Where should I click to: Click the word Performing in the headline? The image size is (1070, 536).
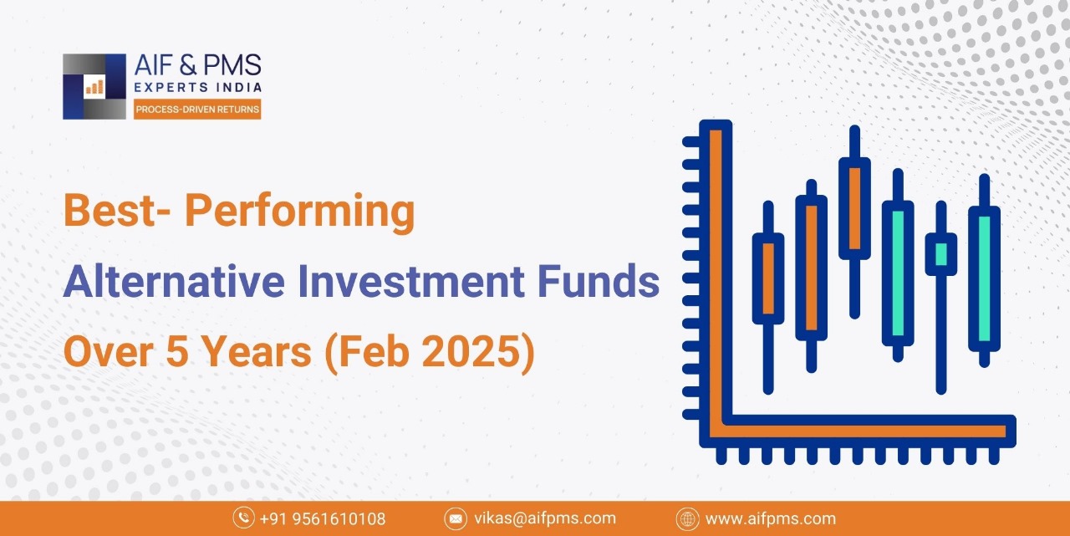(x=299, y=212)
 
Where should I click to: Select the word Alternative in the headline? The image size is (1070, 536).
(x=174, y=281)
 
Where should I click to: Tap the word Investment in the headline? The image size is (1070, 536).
(x=411, y=281)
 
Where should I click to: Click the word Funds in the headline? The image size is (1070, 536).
(x=599, y=281)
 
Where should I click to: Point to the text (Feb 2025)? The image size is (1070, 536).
(x=430, y=351)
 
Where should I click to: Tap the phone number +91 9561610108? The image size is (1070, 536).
(x=323, y=518)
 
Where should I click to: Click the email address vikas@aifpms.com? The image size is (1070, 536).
(x=545, y=518)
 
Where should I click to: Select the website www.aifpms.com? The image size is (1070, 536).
(x=771, y=518)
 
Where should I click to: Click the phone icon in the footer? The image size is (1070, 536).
(x=243, y=518)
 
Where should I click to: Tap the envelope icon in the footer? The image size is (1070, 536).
(x=456, y=518)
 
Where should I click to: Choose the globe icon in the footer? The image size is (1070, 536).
(x=688, y=518)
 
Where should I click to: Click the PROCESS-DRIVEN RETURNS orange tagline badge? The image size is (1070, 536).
(x=197, y=110)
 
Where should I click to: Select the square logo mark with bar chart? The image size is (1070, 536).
(x=94, y=86)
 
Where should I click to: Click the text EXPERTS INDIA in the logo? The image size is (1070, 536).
(x=198, y=88)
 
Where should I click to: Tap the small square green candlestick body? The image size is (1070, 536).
(x=941, y=254)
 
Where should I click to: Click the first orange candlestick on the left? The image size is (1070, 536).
(x=768, y=278)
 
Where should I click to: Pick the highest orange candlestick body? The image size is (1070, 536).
(x=854, y=208)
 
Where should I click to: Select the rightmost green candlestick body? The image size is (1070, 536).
(x=984, y=279)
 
